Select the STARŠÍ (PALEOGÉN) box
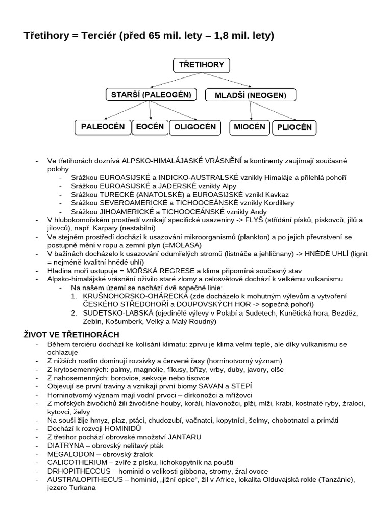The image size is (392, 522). click(x=151, y=95)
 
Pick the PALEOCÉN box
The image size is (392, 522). click(x=103, y=127)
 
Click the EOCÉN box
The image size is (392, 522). click(x=150, y=127)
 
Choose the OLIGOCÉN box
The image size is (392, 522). click(x=195, y=127)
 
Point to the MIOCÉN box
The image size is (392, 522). click(x=250, y=127)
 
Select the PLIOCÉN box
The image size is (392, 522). click(x=294, y=127)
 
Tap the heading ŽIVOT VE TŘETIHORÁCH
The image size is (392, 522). click(x=71, y=335)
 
